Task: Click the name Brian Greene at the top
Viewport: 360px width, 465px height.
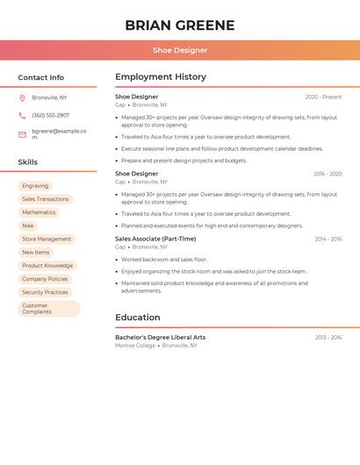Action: [x=180, y=25]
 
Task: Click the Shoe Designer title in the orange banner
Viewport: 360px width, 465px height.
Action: [x=180, y=50]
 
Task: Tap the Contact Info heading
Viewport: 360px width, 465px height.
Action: [x=40, y=77]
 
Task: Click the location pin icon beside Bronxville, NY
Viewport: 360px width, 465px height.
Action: [x=22, y=97]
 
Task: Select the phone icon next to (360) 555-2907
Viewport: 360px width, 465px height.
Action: [x=22, y=115]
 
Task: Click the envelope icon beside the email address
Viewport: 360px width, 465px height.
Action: [x=22, y=134]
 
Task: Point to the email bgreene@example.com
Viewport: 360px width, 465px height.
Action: [x=59, y=134]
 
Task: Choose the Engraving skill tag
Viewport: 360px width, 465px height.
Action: [x=35, y=186]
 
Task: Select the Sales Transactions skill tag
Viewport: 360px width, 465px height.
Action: [x=45, y=199]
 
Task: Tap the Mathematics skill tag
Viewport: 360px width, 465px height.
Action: [x=39, y=212]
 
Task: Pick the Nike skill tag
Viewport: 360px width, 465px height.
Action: [x=28, y=225]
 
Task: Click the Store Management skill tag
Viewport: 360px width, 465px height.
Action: [x=47, y=239]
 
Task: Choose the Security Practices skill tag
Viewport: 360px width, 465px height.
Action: [x=45, y=292]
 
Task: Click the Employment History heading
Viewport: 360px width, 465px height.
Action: [x=161, y=77]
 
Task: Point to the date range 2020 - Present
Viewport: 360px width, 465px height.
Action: [x=323, y=97]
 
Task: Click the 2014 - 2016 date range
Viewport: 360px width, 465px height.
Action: [x=328, y=239]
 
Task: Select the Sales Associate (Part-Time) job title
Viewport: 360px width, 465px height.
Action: [x=155, y=239]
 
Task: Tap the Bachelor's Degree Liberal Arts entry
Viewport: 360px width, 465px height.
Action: [x=160, y=337]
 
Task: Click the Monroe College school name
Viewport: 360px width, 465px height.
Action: [x=135, y=346]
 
